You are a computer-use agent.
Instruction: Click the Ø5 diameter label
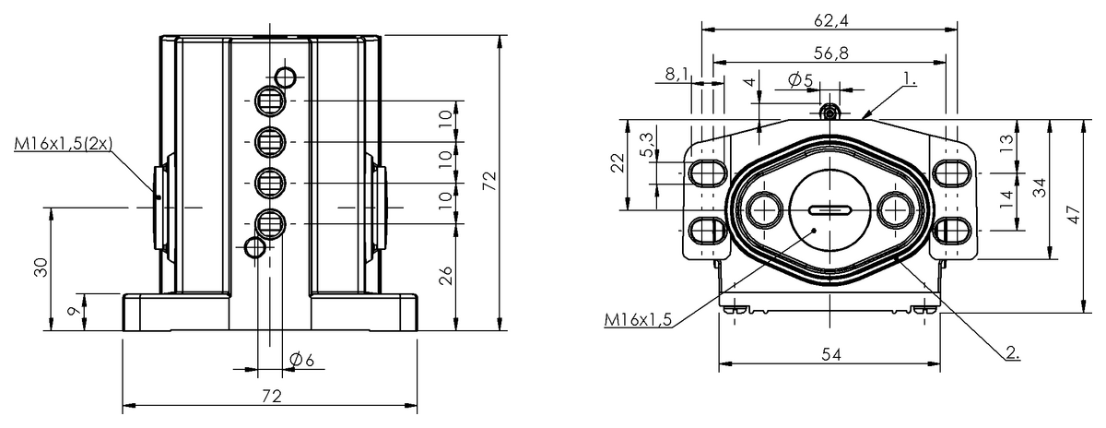point(801,80)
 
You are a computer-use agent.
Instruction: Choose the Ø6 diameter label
point(301,360)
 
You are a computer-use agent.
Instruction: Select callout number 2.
point(1011,351)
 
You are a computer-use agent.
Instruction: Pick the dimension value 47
point(1072,214)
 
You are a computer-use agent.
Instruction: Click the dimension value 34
point(1039,188)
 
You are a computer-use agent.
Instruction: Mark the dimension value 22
point(618,162)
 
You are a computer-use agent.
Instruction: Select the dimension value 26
point(446,275)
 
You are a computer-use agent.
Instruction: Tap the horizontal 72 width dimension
point(270,396)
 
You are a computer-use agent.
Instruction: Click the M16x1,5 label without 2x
point(638,319)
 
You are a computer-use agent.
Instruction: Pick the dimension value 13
point(1006,142)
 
